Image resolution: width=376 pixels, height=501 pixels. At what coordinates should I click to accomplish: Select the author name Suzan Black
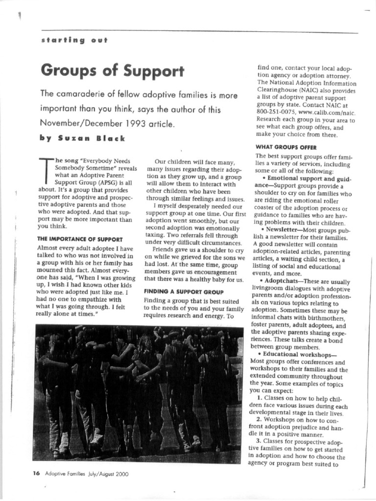[90, 138]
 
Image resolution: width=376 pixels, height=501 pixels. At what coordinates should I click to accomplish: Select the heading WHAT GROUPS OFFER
[286, 147]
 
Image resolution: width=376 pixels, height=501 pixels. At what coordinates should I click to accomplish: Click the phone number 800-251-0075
[275, 112]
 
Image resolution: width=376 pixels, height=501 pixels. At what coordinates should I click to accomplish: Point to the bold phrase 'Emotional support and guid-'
[309, 179]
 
